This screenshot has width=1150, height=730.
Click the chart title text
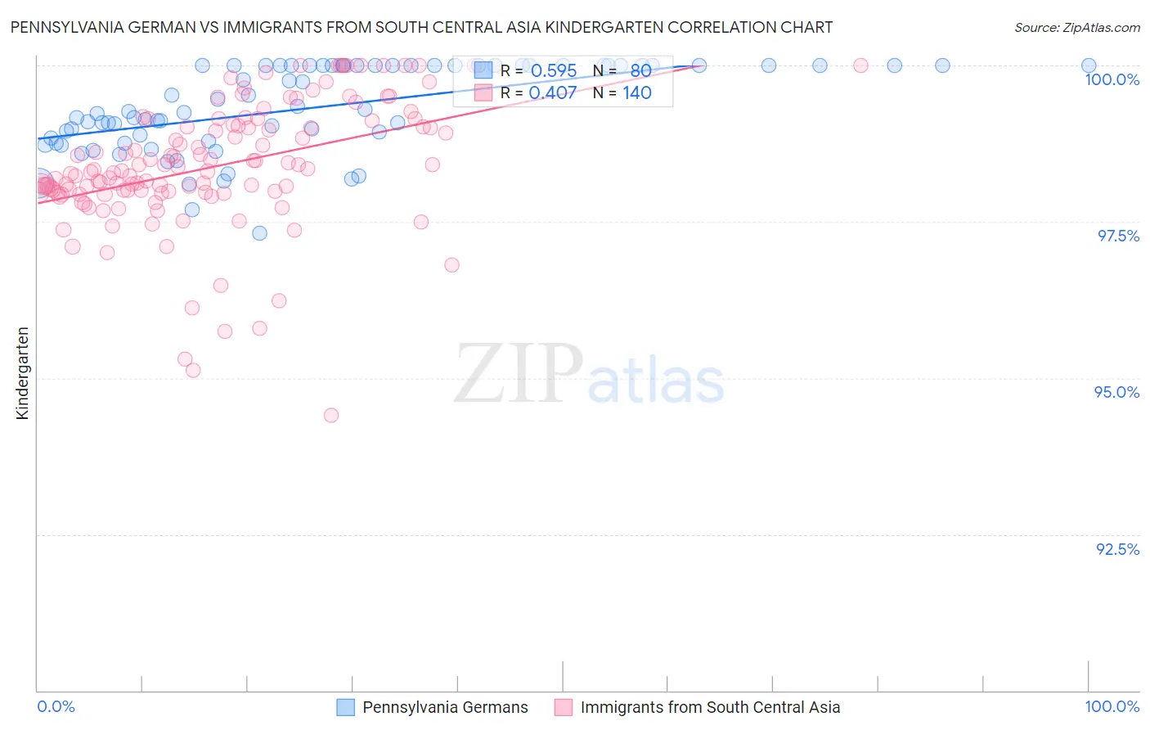pos(421,27)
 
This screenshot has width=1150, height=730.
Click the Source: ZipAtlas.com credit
pos(1076,27)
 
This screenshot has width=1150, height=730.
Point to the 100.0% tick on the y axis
pos(1112,79)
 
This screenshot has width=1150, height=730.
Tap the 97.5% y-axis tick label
pos(1117,236)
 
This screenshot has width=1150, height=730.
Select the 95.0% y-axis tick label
pos(1116,392)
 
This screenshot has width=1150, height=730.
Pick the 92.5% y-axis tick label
pos(1117,549)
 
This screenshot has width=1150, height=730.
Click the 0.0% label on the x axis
pos(56,706)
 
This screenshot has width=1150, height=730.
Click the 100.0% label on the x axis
pos(1112,706)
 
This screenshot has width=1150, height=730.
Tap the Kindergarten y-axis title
pos(22,373)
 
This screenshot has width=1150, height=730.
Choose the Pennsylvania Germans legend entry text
pos(445,707)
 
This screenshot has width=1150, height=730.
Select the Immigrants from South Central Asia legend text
pos(710,707)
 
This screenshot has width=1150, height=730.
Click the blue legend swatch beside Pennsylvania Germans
pos(345,707)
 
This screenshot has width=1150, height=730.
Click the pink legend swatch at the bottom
pos(563,707)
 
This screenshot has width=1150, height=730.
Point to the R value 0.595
pos(554,71)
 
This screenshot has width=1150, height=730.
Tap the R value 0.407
pos(553,93)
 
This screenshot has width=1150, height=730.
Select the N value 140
pos(637,93)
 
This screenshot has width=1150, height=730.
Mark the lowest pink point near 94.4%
pos(331,415)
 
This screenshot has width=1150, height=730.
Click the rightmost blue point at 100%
pos(1089,65)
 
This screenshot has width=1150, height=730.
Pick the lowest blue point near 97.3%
pos(259,233)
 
